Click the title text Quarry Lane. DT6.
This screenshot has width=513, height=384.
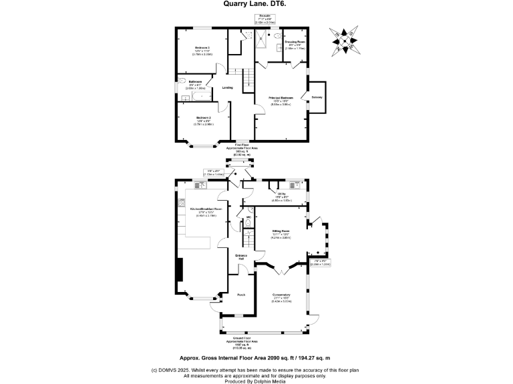(x=256, y=3)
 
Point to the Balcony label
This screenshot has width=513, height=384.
(x=317, y=97)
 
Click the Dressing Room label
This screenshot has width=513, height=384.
(x=295, y=43)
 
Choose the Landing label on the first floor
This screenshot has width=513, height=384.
(x=227, y=87)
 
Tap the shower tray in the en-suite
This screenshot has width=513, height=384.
(x=265, y=37)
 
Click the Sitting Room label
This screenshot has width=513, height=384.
(x=280, y=231)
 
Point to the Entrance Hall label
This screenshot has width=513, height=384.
(x=241, y=257)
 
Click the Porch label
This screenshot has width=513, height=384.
(x=242, y=293)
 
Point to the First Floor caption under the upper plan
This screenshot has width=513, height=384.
(x=242, y=144)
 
